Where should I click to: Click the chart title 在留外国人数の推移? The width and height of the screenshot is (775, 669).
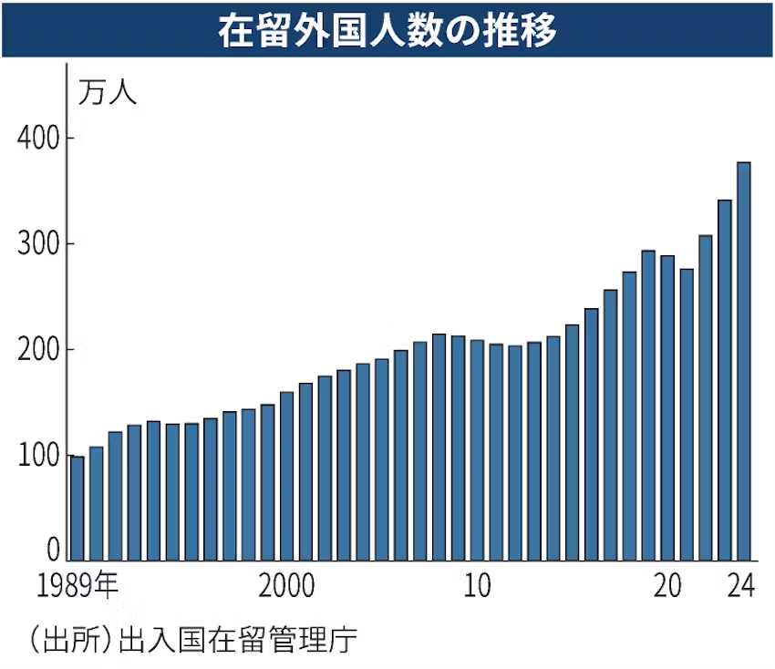387,30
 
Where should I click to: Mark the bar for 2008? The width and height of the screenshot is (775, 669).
439,447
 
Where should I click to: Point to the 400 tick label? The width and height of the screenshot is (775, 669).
38,139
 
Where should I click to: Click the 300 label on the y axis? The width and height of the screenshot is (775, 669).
38,244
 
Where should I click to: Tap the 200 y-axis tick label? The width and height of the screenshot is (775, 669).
38,350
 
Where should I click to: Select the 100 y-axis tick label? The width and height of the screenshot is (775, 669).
38,456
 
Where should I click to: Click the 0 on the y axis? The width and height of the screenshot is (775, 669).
53,549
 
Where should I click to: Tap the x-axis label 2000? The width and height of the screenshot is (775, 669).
286,586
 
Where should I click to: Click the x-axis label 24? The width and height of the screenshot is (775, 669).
742,586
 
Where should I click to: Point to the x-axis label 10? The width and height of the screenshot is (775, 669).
476,586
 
